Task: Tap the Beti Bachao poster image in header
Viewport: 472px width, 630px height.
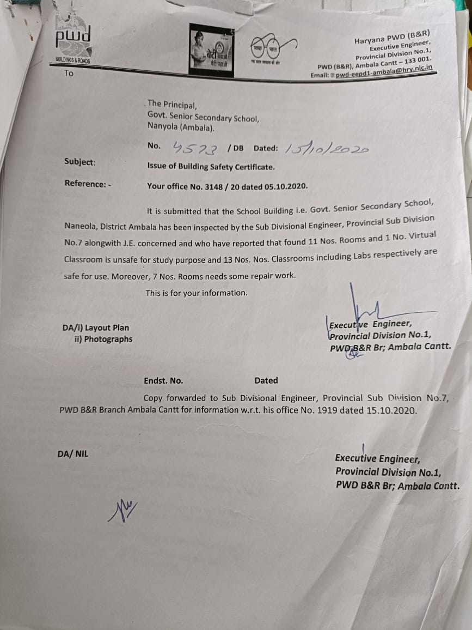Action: (212, 49)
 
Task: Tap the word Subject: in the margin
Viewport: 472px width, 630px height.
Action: (79, 162)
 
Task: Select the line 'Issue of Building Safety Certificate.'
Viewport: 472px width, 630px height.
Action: (211, 167)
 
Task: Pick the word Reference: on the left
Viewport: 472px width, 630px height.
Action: (86, 184)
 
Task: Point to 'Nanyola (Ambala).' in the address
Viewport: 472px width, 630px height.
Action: (181, 128)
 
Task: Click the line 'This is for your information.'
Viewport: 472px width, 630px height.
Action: (196, 293)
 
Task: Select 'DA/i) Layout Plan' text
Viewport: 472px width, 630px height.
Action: (96, 328)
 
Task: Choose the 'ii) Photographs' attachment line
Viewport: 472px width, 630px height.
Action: (103, 339)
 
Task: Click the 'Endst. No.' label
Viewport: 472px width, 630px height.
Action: (163, 381)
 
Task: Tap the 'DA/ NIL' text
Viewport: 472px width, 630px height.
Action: (72, 453)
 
